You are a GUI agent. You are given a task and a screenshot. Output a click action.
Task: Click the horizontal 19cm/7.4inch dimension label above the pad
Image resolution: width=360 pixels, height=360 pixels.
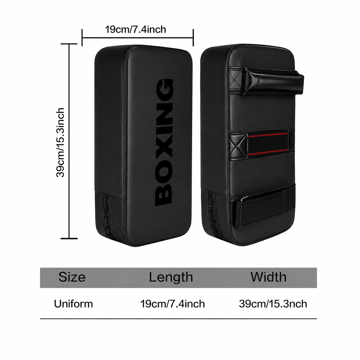pyautogui.click(x=136, y=30)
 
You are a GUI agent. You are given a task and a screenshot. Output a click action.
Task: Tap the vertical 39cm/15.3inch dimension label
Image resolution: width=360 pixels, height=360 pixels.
pyautogui.click(x=60, y=143)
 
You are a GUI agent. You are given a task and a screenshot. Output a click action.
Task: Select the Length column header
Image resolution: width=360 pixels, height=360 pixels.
pyautogui.click(x=171, y=277)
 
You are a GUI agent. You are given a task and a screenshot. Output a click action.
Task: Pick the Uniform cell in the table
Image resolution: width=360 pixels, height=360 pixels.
pyautogui.click(x=73, y=304)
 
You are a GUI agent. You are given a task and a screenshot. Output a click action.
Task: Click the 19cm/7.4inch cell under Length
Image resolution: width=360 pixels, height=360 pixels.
pyautogui.click(x=173, y=304)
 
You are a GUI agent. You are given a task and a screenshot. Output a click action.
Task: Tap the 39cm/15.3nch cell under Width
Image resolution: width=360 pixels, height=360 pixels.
pyautogui.click(x=273, y=304)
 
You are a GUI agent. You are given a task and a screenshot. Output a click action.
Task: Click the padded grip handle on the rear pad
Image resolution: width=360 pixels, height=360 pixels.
pyautogui.click(x=272, y=81)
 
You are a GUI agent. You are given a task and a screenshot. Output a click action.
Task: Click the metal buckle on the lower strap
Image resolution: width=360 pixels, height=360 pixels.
pyautogui.click(x=245, y=199)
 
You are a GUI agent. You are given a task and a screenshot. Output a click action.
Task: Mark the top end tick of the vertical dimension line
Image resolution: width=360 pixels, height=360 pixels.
pyautogui.click(x=69, y=44)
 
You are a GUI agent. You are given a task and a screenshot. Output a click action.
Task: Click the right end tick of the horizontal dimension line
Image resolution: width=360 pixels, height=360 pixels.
pyautogui.click(x=193, y=38)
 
